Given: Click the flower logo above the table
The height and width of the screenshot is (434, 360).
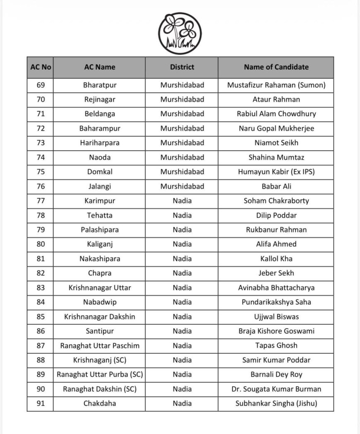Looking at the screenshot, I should (x=180, y=33).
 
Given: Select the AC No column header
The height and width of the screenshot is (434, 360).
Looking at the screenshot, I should (x=41, y=67).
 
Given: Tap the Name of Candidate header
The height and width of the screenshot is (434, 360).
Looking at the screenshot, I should (x=276, y=67).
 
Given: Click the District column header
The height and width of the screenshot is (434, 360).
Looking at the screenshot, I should (x=182, y=67).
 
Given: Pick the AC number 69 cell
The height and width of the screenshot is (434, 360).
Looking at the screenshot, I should (x=41, y=85).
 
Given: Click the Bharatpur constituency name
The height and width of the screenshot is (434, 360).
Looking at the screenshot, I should (x=100, y=85).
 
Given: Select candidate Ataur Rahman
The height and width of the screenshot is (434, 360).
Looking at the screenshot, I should (x=276, y=99).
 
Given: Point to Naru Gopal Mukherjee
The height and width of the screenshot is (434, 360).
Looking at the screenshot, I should (x=276, y=128).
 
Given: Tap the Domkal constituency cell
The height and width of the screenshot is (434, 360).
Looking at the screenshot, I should (x=100, y=172).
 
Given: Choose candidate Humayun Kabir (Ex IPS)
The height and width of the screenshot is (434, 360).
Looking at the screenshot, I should (x=276, y=172).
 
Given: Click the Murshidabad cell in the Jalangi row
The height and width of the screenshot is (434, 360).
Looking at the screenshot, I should (x=182, y=186).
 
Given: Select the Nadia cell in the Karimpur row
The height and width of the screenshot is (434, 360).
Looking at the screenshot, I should (x=182, y=201).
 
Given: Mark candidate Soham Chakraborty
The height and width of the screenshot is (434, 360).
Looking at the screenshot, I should (x=276, y=201).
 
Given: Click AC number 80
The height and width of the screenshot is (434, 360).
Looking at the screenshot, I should (x=41, y=244).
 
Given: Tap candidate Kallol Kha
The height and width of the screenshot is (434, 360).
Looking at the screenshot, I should (x=276, y=259).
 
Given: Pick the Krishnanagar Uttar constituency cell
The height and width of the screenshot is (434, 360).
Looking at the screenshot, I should (x=100, y=288).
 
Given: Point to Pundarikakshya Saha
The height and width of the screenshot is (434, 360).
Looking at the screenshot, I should (x=276, y=302).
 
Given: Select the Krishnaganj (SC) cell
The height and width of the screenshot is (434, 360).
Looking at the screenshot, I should (x=100, y=360).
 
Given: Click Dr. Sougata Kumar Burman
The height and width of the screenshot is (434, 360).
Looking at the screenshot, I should (x=276, y=389).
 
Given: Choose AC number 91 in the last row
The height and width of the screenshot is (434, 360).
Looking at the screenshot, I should (x=41, y=403).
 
